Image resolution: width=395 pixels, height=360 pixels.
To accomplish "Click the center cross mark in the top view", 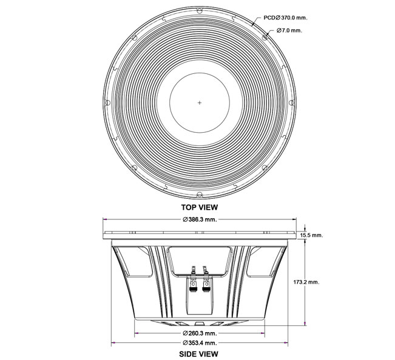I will (x=200, y=102).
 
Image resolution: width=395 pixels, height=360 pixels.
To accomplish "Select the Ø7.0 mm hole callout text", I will (x=289, y=30).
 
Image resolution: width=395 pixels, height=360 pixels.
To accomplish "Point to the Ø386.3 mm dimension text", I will (x=200, y=219).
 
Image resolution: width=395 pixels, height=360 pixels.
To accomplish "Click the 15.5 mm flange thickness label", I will (x=312, y=235).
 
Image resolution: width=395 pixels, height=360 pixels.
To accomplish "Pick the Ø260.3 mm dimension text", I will (x=200, y=333).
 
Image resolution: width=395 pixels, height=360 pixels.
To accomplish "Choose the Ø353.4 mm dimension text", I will (x=200, y=343).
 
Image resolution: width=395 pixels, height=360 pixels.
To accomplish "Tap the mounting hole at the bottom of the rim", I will (x=200, y=195).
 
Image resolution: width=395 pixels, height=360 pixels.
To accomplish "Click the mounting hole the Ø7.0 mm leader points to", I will (x=266, y=36).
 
